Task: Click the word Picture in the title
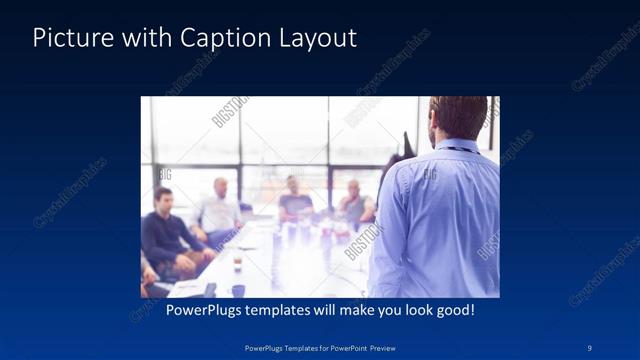pyautogui.click(x=68, y=38)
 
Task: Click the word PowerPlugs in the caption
pyautogui.click(x=203, y=310)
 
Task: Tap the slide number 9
pyautogui.click(x=589, y=347)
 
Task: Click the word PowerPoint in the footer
pyautogui.click(x=343, y=347)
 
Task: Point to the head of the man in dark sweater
pyautogui.click(x=163, y=197)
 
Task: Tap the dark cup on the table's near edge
pyautogui.click(x=238, y=289)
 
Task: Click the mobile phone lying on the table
pyautogui.click(x=210, y=290)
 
